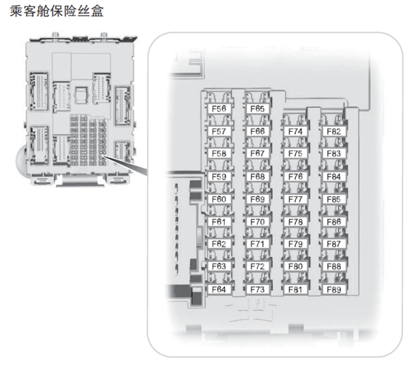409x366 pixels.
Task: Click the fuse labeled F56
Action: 219,108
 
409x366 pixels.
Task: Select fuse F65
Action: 257,108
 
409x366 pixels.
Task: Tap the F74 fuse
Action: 295,131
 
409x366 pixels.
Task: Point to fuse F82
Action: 333,131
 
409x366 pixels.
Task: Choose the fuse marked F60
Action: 219,199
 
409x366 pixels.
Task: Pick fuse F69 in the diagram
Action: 257,199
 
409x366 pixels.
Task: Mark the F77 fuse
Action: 295,199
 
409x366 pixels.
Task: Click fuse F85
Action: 333,199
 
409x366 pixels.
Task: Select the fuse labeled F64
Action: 219,289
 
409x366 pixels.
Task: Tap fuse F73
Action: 257,289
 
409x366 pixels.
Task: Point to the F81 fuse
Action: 295,289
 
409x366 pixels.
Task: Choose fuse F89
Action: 333,289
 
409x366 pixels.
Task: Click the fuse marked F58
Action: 219,153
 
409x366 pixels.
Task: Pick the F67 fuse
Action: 257,153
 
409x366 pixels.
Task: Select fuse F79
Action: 295,244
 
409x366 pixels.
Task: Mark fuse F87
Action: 333,244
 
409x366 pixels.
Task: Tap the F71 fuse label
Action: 257,244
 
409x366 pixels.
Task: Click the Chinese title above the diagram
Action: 58,13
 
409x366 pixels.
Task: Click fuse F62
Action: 219,244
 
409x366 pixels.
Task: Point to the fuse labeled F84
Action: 333,177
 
